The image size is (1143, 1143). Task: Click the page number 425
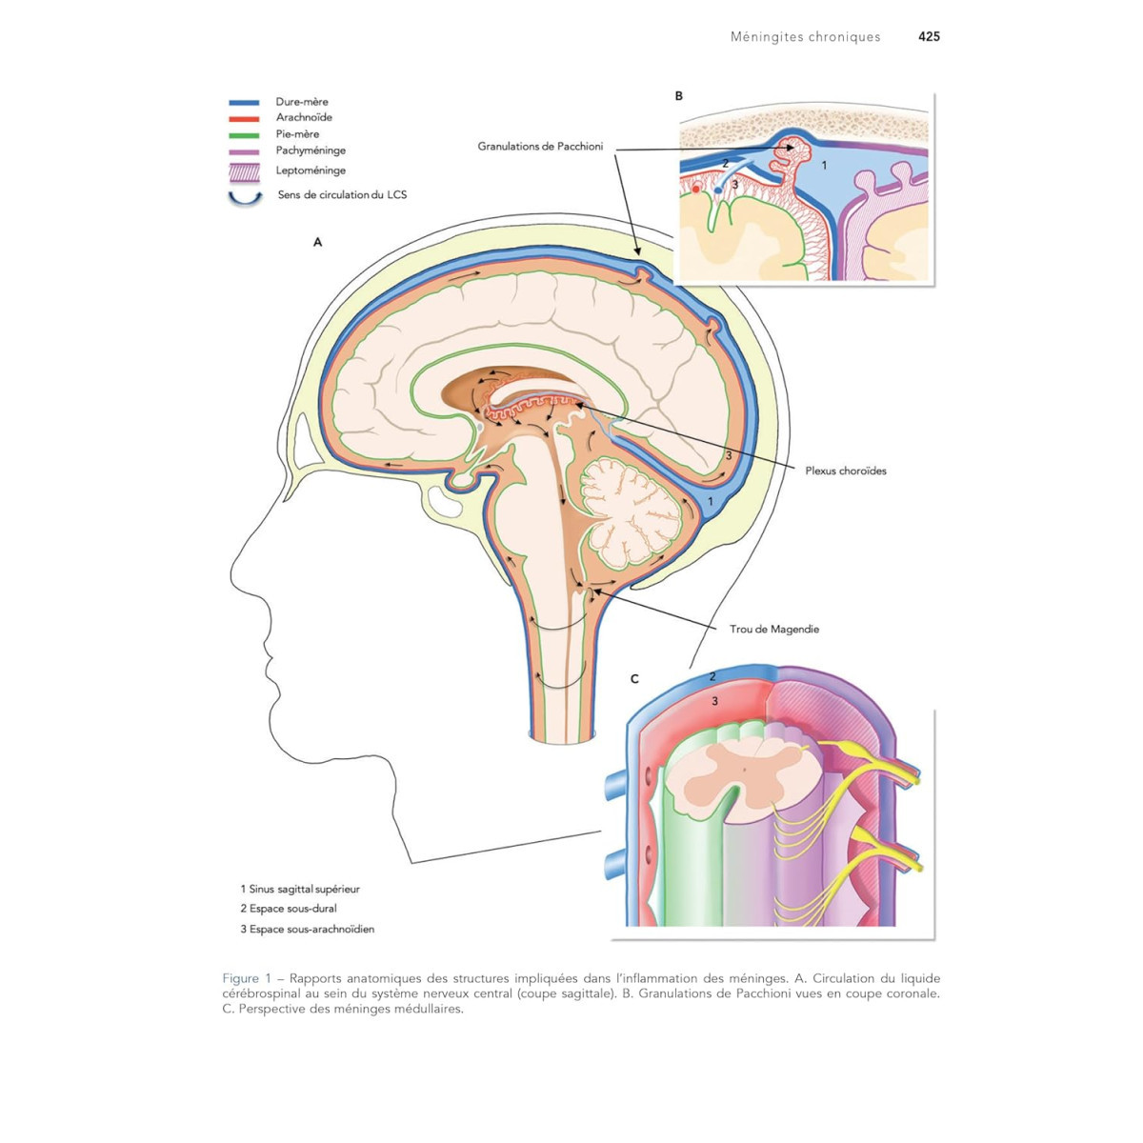[x=929, y=37]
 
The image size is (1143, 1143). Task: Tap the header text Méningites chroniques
[x=805, y=37]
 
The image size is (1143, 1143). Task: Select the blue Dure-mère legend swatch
[x=244, y=102]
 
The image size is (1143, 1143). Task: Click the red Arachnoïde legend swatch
[x=244, y=118]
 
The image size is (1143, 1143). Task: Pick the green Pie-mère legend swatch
[x=244, y=134]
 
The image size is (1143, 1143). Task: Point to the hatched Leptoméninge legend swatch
[x=244, y=171]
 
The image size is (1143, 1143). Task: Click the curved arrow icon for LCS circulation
[x=245, y=198]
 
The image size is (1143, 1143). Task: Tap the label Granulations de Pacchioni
[x=540, y=147]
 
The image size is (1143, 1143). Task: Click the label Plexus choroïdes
[x=845, y=471]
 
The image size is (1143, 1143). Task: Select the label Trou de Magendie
[x=773, y=629]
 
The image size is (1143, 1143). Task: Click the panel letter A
[x=318, y=242]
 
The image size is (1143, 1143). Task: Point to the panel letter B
[x=679, y=95]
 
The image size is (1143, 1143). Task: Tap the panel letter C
[x=634, y=679]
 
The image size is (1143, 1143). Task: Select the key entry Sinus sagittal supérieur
[x=300, y=889]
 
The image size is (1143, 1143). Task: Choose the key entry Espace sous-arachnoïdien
[x=307, y=929]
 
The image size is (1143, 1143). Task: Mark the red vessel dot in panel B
[x=696, y=190]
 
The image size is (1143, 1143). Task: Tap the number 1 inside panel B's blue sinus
[x=825, y=166]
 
